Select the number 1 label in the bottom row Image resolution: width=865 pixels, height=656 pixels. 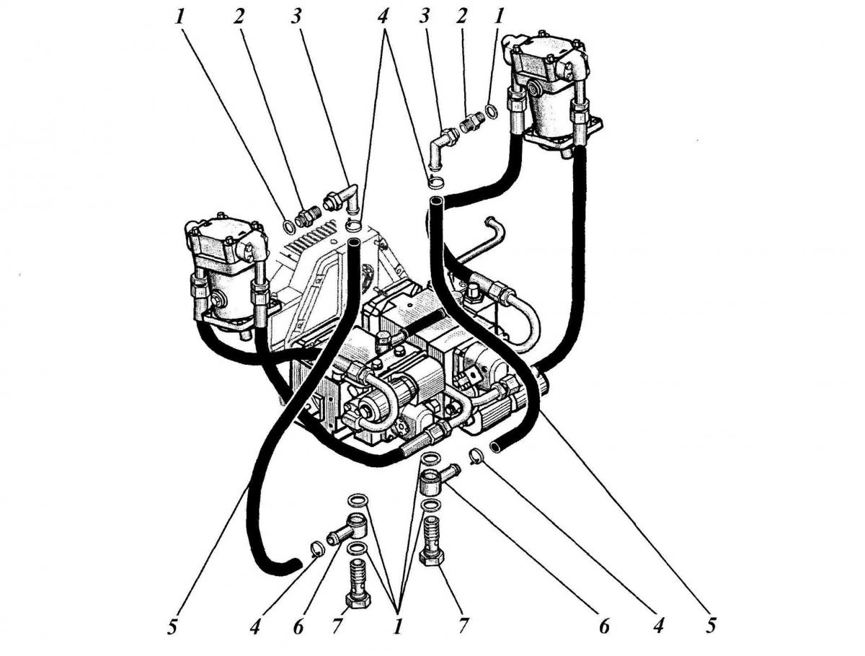click(396, 626)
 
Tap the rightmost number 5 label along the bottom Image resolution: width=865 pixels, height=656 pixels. click(711, 626)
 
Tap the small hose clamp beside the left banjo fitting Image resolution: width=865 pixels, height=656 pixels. click(316, 549)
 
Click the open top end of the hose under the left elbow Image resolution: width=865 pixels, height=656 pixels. click(354, 246)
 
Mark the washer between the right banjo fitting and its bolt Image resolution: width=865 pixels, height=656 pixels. click(430, 505)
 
